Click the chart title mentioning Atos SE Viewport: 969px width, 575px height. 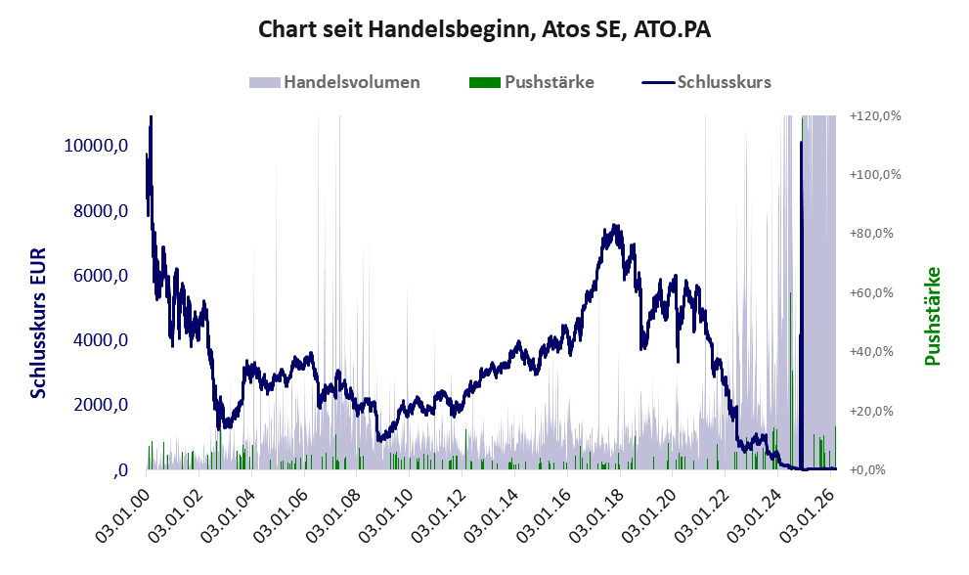click(484, 29)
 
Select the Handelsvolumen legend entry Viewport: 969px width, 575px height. click(352, 82)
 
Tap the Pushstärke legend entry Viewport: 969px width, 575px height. click(547, 82)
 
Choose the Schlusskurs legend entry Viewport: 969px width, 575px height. click(724, 82)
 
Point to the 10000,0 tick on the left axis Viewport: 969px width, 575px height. click(96, 147)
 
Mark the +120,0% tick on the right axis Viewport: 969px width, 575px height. click(875, 115)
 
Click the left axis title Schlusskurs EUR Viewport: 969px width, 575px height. click(39, 323)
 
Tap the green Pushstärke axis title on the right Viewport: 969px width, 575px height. click(932, 316)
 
